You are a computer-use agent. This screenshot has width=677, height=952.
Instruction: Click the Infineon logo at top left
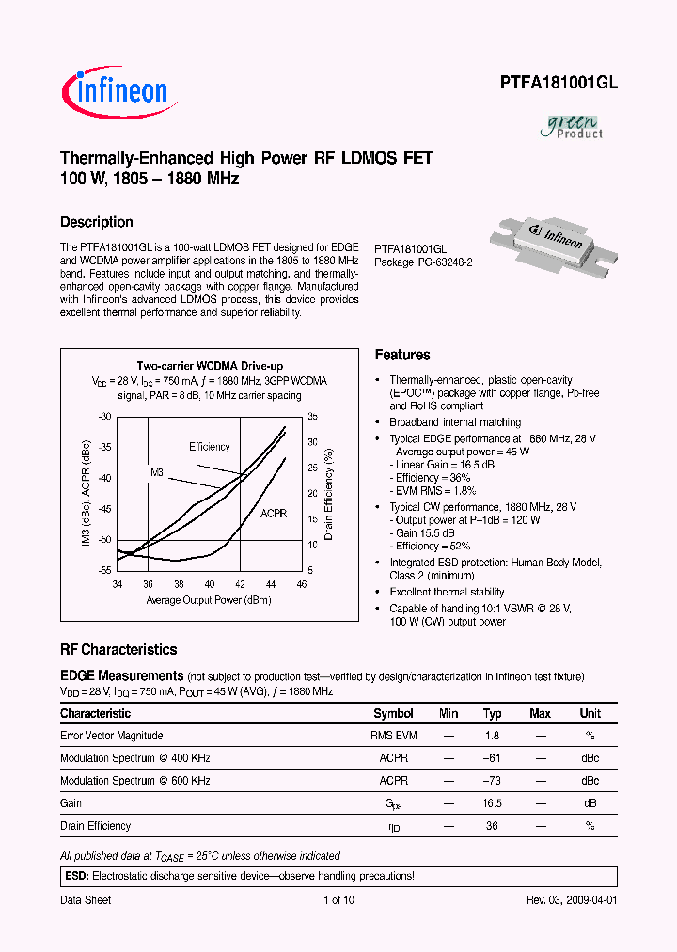click(x=115, y=90)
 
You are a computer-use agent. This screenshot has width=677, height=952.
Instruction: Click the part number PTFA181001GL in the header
click(x=558, y=83)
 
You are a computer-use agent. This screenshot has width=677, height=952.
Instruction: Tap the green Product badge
click(x=575, y=126)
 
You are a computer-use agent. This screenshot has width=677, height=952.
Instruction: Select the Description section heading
click(x=96, y=222)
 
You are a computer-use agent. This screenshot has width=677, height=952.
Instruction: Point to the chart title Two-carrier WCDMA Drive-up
click(x=210, y=366)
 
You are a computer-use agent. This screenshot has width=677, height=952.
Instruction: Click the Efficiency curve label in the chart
click(x=209, y=447)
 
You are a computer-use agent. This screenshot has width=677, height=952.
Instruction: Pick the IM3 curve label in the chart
click(x=156, y=471)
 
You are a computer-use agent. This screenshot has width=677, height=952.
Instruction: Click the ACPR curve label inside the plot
click(x=275, y=514)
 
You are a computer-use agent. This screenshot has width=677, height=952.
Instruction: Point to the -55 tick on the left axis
click(x=104, y=571)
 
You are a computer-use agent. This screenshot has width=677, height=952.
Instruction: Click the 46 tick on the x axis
click(x=301, y=584)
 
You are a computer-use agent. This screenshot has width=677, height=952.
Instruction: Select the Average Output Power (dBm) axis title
click(x=209, y=600)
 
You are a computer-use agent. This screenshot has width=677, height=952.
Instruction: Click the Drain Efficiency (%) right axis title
click(x=329, y=492)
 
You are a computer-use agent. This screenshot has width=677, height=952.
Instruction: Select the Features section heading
click(x=402, y=355)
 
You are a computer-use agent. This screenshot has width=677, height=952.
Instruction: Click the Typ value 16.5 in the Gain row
click(x=492, y=803)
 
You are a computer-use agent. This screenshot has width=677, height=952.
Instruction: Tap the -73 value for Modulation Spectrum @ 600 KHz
click(x=492, y=781)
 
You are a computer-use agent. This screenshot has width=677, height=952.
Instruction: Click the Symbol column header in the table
click(x=393, y=714)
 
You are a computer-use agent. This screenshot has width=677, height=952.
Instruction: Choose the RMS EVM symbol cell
click(x=393, y=736)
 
